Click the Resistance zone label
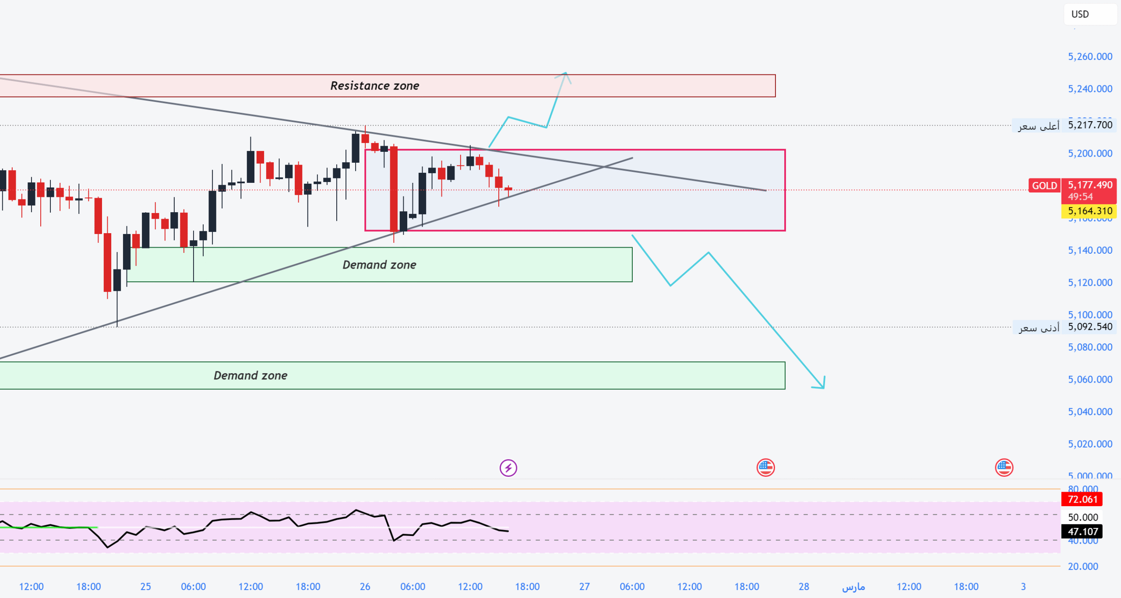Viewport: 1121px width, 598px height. pyautogui.click(x=374, y=86)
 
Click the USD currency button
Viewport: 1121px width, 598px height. pyautogui.click(x=1080, y=14)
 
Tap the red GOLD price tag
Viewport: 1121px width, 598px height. pyautogui.click(x=1044, y=185)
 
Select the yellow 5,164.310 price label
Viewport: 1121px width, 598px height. pyautogui.click(x=1089, y=211)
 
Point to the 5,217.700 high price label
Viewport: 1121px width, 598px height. pyautogui.click(x=1089, y=125)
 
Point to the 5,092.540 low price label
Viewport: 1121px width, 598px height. pyautogui.click(x=1089, y=327)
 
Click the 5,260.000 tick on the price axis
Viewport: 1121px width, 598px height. pyautogui.click(x=1089, y=56)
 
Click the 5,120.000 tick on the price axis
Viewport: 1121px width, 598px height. pyautogui.click(x=1089, y=283)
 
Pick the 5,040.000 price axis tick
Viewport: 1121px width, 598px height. pyautogui.click(x=1089, y=412)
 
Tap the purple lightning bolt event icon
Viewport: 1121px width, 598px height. pyautogui.click(x=508, y=468)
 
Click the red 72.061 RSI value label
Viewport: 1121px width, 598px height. pyautogui.click(x=1082, y=499)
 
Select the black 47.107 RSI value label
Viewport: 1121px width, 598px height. pyautogui.click(x=1082, y=532)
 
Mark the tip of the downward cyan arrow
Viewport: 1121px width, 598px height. pyautogui.click(x=823, y=387)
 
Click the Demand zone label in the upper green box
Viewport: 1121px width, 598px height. pyautogui.click(x=379, y=265)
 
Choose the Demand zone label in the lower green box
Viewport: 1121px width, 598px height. pyautogui.click(x=250, y=375)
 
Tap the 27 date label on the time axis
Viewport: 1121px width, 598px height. pyautogui.click(x=584, y=587)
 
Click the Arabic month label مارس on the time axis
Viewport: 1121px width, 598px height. pyautogui.click(x=853, y=587)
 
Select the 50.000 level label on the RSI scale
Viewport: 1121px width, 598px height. pyautogui.click(x=1082, y=518)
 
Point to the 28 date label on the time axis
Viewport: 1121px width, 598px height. pyautogui.click(x=804, y=587)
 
